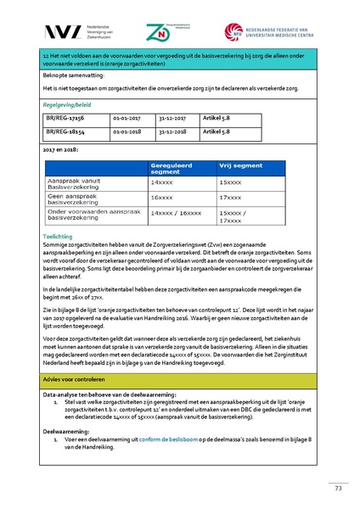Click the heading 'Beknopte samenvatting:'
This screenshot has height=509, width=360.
pyautogui.click(x=70, y=75)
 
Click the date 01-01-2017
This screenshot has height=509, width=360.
pyautogui.click(x=127, y=120)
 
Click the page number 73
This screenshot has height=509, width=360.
pyautogui.click(x=337, y=488)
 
